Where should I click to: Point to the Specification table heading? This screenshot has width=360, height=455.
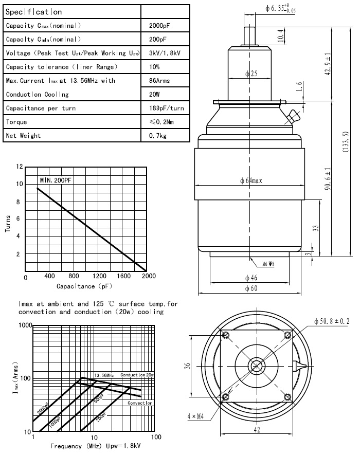(x=34, y=11)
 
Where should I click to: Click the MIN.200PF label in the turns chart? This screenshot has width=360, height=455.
(x=57, y=180)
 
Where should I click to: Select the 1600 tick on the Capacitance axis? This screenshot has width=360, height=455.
(x=123, y=276)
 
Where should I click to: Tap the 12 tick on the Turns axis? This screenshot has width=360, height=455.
(x=20, y=167)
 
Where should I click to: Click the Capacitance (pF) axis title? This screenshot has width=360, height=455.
(x=83, y=286)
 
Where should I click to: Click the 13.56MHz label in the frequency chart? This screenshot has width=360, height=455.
(x=104, y=375)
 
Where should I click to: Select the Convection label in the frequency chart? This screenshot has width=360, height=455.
(x=140, y=403)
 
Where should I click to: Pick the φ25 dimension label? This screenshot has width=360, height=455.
(x=250, y=74)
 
